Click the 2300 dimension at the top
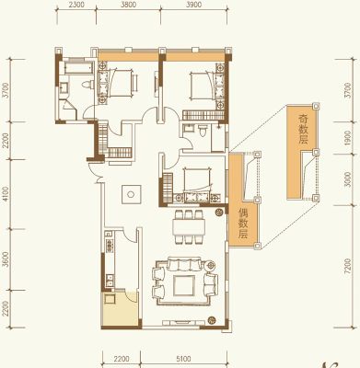(x=75, y=5)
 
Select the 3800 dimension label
(x=128, y=5)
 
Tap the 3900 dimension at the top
(x=193, y=5)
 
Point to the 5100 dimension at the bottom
(x=183, y=359)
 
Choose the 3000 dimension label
(x=347, y=179)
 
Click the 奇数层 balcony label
(x=303, y=129)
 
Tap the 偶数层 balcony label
(x=243, y=224)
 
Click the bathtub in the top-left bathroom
(x=79, y=68)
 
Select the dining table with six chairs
(x=189, y=226)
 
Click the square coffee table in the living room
(x=184, y=285)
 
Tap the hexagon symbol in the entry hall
(x=131, y=194)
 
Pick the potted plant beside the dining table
(x=218, y=212)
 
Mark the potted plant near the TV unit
(x=212, y=320)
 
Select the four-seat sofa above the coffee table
(x=183, y=265)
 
